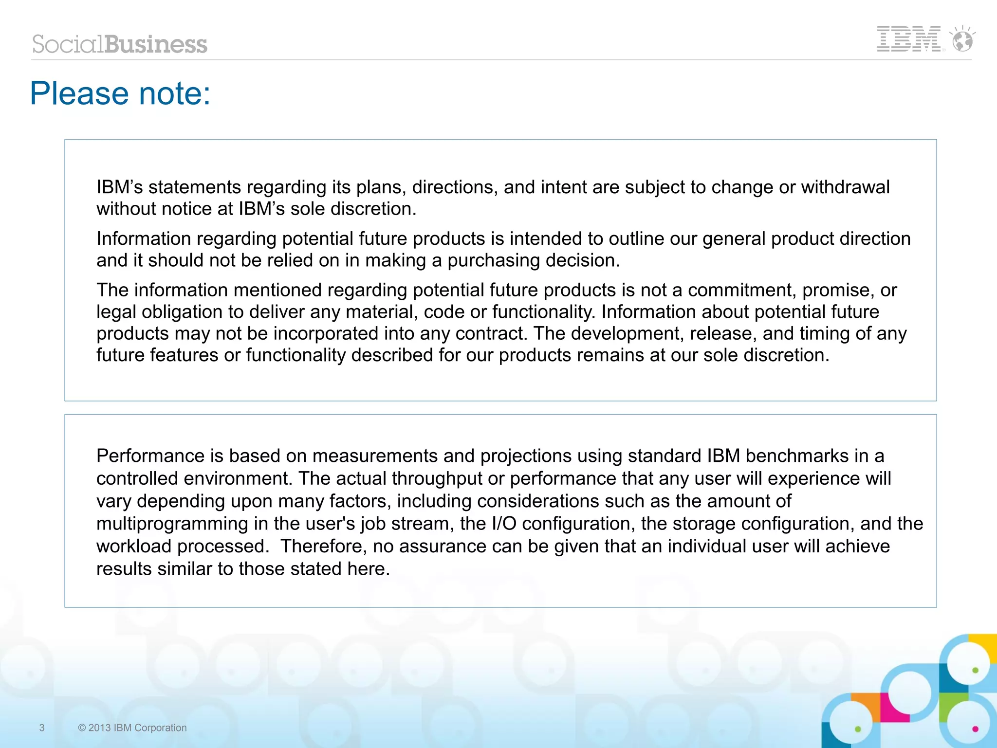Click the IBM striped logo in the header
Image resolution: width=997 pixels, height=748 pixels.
point(908,39)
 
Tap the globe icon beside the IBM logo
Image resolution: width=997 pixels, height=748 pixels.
point(962,40)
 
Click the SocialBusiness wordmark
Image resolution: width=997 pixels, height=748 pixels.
point(120,44)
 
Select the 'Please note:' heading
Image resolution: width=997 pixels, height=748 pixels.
point(120,93)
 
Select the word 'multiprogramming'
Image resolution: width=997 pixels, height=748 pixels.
point(172,524)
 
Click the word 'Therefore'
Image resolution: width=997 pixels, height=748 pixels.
point(321,546)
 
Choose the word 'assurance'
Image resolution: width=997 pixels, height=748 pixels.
point(443,547)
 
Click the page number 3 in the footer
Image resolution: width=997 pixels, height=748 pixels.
point(42,728)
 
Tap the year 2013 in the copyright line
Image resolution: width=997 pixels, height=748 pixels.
point(99,728)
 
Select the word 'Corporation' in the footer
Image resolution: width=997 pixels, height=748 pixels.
point(160,728)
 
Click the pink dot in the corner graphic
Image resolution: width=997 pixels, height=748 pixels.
point(975,729)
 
